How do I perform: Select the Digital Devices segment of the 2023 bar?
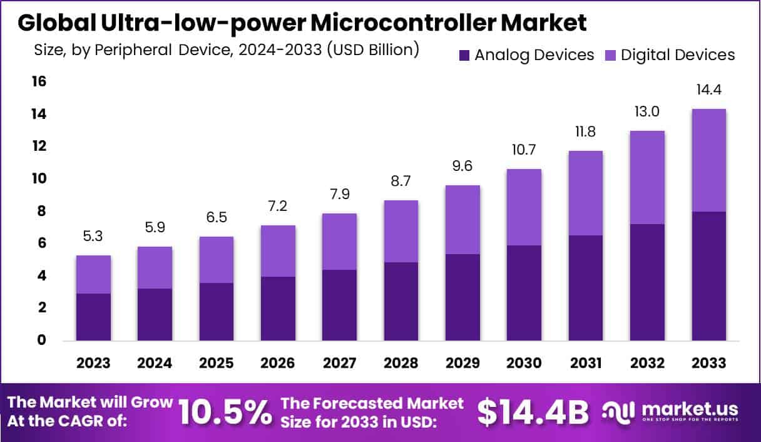(93, 274)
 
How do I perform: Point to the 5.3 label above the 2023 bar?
(93, 237)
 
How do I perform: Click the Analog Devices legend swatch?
(464, 55)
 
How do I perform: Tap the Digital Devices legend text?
(678, 55)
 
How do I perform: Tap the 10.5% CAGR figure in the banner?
(225, 411)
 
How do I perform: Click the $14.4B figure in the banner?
(533, 411)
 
